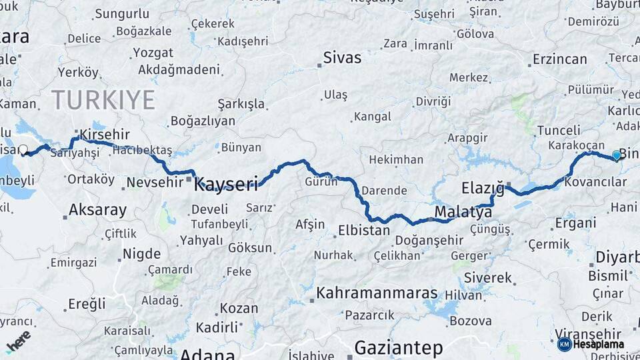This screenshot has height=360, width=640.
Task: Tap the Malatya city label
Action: [x=463, y=213]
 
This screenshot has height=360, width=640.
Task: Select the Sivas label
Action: [x=342, y=57]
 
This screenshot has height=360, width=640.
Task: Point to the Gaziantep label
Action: [x=399, y=347]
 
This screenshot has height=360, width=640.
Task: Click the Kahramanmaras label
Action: [x=377, y=293]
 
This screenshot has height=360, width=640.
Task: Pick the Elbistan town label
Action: [x=364, y=231]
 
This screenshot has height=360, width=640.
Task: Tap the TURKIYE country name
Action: [x=103, y=100]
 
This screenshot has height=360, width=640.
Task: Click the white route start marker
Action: [x=23, y=151]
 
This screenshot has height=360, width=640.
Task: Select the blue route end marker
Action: [x=617, y=155]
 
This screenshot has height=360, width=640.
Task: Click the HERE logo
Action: [x=19, y=341]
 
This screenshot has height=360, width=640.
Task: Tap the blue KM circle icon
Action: [x=564, y=344]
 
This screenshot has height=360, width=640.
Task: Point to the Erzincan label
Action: [x=559, y=59]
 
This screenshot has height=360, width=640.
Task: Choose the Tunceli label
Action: [x=559, y=130]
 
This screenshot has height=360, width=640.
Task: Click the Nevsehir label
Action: [x=154, y=182]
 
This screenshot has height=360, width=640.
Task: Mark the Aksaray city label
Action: [x=97, y=211]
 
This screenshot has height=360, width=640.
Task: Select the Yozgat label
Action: [x=153, y=53]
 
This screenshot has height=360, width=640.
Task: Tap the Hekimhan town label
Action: [x=396, y=160]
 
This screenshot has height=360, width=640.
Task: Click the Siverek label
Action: [x=488, y=277]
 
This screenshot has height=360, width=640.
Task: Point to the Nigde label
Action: [x=141, y=254]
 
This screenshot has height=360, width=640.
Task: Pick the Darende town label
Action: [x=383, y=191]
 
